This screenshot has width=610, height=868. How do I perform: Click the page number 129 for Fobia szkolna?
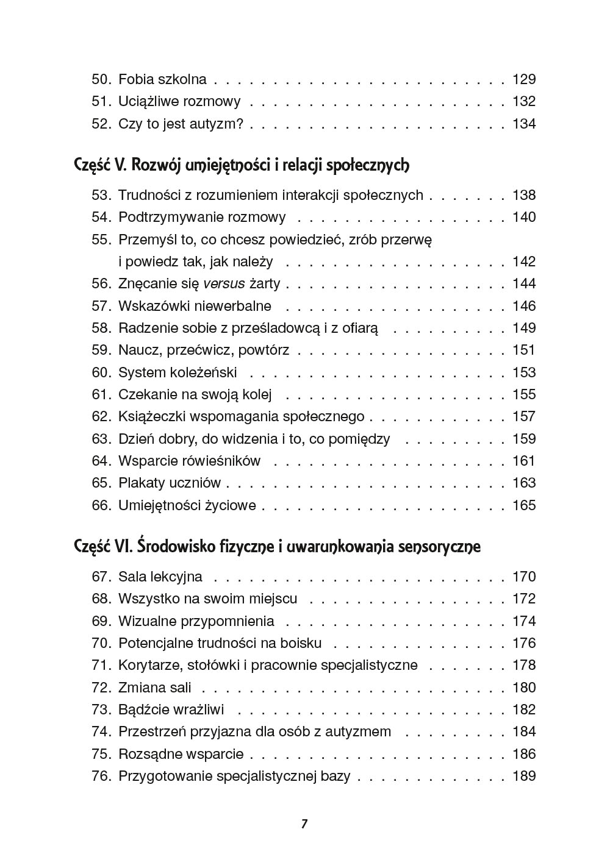click(x=524, y=79)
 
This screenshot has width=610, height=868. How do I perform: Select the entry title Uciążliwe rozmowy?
click(x=179, y=101)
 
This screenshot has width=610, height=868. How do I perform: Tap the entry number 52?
click(x=101, y=124)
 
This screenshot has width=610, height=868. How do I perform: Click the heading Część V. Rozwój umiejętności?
click(x=241, y=165)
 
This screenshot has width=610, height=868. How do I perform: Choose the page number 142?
click(x=524, y=261)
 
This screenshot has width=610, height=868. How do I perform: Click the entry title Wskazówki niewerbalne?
click(x=195, y=306)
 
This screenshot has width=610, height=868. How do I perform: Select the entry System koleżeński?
click(x=178, y=372)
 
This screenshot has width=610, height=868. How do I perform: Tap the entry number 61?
click(x=101, y=394)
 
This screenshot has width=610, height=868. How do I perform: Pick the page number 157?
click(x=524, y=416)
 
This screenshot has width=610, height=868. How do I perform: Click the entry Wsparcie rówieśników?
click(x=189, y=461)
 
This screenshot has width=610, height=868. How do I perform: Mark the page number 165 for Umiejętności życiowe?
click(x=524, y=505)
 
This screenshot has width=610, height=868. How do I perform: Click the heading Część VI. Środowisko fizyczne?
click(x=277, y=547)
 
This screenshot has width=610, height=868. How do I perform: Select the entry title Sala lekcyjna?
click(x=160, y=577)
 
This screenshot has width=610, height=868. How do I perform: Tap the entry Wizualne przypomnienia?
click(x=196, y=621)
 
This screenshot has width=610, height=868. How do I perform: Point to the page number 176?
click(x=524, y=643)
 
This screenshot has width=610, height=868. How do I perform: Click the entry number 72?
click(x=101, y=688)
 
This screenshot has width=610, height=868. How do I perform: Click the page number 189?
click(x=524, y=776)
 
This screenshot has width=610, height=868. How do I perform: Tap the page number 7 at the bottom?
click(x=304, y=824)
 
